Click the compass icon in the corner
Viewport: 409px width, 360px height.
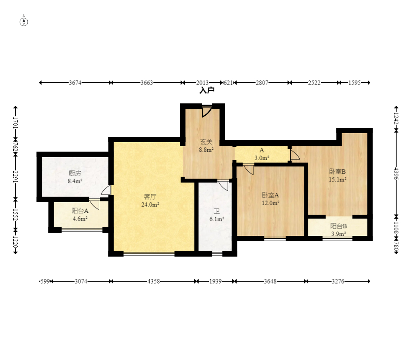[24, 22]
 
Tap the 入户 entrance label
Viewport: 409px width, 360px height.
[207, 90]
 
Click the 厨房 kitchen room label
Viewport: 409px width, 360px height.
[75, 173]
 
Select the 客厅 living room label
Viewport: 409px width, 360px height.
[150, 197]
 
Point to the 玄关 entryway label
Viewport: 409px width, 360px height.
[206, 142]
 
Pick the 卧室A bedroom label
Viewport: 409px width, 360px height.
[270, 195]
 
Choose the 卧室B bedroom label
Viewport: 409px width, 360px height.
[338, 172]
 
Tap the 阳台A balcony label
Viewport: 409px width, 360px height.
[80, 211]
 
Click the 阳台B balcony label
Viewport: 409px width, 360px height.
[338, 226]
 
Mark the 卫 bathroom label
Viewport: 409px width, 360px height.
[217, 211]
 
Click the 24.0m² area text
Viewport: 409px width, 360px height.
[150, 204]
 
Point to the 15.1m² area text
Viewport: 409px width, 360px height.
[338, 179]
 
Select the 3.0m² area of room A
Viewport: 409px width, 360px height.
[262, 158]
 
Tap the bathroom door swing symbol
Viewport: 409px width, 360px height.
[223, 185]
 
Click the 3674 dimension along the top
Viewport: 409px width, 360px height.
[75, 83]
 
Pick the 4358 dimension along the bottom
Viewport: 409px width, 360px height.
[154, 281]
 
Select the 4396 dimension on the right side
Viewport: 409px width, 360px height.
[396, 174]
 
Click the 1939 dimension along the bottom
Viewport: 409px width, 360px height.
[215, 281]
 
